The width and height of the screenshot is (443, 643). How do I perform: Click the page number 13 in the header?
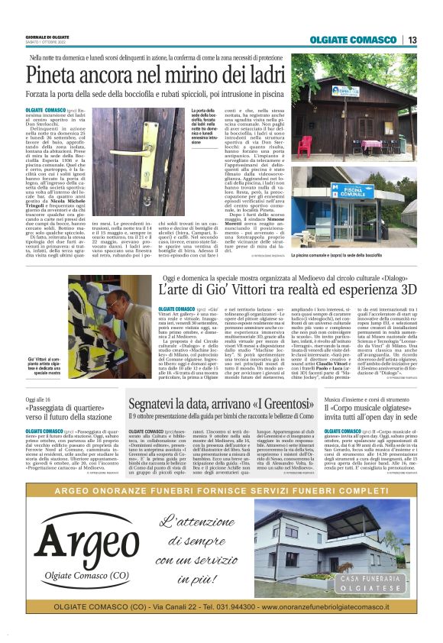pyautogui.click(x=412, y=40)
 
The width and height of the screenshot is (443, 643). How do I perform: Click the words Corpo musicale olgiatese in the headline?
pyautogui.click(x=370, y=408)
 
